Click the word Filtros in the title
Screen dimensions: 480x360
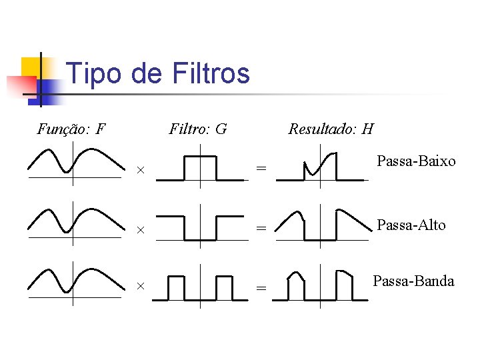211,73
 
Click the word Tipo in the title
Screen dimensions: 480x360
94,73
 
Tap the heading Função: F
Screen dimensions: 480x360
71,129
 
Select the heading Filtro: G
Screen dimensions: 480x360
198,129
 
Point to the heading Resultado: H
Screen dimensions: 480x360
330,129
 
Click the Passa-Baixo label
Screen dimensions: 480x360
416,161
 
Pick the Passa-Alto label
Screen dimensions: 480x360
411,225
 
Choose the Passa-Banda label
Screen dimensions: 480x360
413,281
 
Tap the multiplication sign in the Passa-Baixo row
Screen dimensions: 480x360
141,170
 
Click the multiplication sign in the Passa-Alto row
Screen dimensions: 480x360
141,230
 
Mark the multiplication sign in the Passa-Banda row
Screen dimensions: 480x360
141,286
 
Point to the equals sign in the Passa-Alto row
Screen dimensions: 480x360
261,229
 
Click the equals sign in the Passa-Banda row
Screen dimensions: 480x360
261,288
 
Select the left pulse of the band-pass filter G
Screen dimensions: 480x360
176,287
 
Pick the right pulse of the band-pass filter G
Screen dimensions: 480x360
224,287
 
